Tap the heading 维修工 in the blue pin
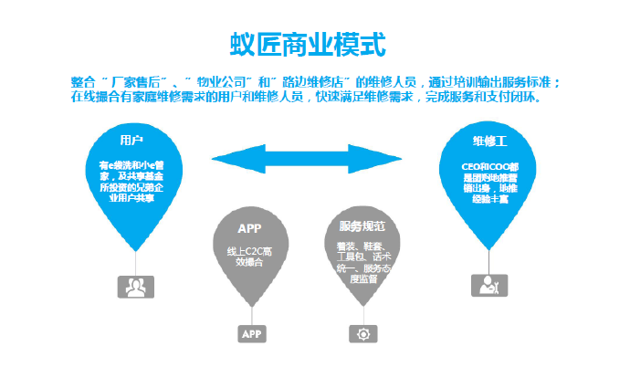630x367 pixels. (x=488, y=142)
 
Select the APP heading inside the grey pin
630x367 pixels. (x=249, y=227)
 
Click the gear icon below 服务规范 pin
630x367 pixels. (x=362, y=334)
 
